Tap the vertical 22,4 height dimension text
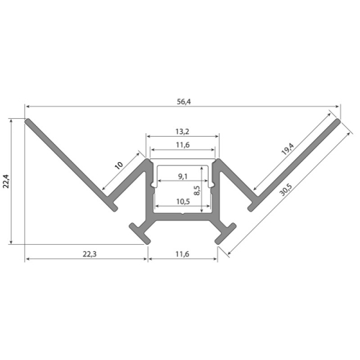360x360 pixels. [6, 181]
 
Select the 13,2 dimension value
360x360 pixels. [182, 131]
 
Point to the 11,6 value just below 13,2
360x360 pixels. [182, 146]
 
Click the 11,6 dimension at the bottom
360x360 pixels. [182, 254]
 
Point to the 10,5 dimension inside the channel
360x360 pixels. [182, 202]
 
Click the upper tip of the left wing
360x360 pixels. [29, 122]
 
